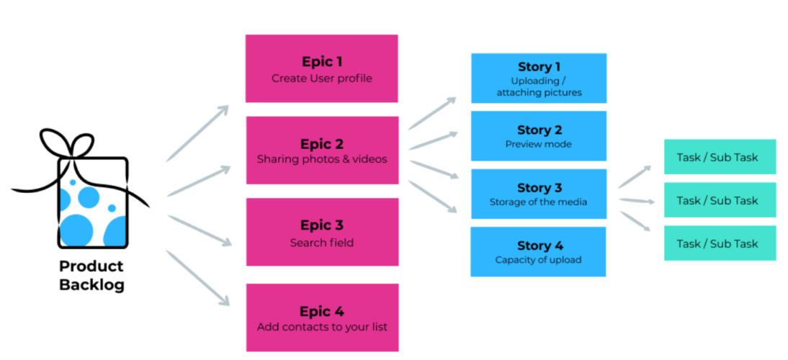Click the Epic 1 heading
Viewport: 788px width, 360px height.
[x=322, y=62]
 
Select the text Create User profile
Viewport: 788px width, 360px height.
[x=322, y=78]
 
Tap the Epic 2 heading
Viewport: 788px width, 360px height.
[x=322, y=143]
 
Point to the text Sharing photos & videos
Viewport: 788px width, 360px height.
[x=322, y=158]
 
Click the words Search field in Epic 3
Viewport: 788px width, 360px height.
[x=322, y=243]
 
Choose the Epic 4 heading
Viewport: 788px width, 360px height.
[x=322, y=311]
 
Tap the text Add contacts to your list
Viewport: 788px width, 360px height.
[x=322, y=327]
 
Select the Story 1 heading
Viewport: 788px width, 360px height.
[x=539, y=67]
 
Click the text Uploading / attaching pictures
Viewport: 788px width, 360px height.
[x=539, y=86]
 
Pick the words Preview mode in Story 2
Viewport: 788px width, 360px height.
[x=539, y=144]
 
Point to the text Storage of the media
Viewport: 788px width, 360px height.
[x=539, y=202]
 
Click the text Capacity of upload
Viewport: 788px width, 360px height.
[x=539, y=260]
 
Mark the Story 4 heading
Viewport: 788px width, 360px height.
[x=539, y=246]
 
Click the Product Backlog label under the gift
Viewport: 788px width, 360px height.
[x=91, y=275]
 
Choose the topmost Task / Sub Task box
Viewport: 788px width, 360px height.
[x=720, y=157]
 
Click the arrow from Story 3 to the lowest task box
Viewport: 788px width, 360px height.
[x=635, y=220]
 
